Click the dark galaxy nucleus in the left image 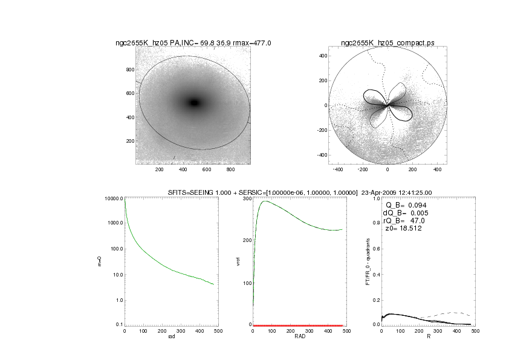tap(194, 103)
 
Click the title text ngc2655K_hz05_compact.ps tap(387, 43)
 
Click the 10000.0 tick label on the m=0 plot tap(112, 198)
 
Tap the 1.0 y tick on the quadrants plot tap(376, 198)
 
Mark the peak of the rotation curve tap(265, 201)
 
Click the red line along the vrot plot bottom tap(299, 325)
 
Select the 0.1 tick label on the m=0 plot tap(117, 325)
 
